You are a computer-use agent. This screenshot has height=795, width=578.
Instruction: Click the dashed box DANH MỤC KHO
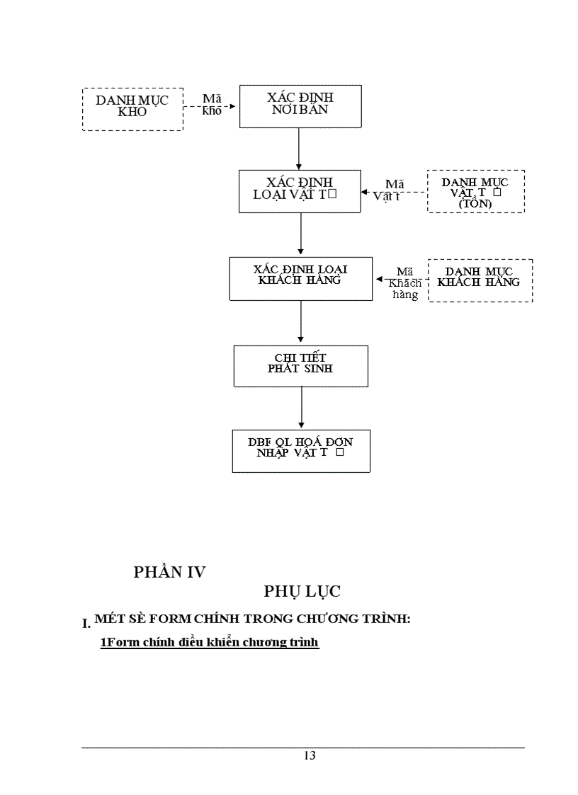point(132,109)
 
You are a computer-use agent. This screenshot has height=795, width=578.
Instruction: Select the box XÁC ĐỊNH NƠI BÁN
point(300,106)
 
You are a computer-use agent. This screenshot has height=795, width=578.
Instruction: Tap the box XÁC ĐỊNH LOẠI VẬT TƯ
point(300,191)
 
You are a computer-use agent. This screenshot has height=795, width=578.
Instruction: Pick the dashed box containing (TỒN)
point(476,191)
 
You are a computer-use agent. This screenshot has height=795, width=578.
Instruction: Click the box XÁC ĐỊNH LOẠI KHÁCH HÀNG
point(300,278)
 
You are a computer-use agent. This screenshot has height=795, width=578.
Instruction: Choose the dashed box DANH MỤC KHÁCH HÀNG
point(480,280)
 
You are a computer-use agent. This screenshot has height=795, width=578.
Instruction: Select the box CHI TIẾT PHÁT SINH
point(300,366)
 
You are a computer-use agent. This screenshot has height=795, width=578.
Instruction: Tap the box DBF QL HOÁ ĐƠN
point(300,451)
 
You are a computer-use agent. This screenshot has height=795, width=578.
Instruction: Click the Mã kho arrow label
point(212,105)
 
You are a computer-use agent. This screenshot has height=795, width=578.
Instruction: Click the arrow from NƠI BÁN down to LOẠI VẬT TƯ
point(300,149)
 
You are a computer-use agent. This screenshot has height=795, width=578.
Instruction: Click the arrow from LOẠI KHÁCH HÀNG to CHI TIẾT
point(301,323)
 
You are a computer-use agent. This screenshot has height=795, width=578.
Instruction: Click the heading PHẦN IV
point(169,573)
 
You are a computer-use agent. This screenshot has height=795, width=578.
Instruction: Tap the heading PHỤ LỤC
point(303,590)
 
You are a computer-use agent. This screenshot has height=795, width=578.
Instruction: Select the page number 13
point(310,755)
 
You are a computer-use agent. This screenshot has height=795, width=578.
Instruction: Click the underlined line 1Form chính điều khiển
point(209,643)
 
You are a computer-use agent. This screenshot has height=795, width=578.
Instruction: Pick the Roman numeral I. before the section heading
point(86,624)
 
